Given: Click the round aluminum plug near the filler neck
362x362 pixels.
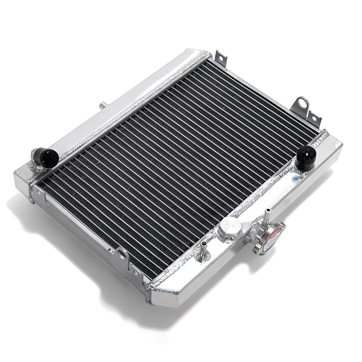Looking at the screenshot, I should click(230, 226).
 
